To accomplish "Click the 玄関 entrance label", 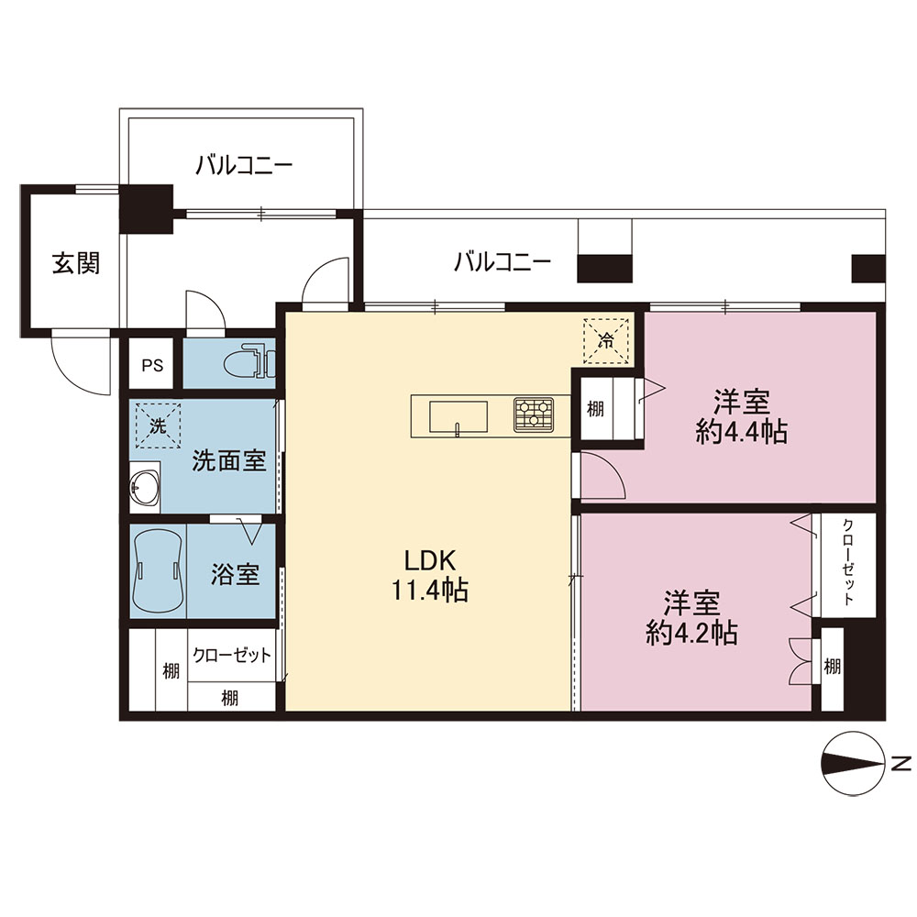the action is pos(76,263).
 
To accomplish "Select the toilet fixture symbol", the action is pos(249,362).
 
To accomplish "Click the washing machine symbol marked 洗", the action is pos(158,425).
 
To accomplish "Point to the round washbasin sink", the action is pos(145,486).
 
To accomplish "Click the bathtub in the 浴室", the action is pos(158,570).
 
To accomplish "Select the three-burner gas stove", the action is pos(534,414).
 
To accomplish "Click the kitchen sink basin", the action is pos(458,416).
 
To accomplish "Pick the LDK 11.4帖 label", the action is pos(430,576).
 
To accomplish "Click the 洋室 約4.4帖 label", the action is pos(742,417).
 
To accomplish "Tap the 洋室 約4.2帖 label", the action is pos(691,617).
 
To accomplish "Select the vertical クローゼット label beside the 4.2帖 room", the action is pos(848,561).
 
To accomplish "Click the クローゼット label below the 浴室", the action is pos(232,655).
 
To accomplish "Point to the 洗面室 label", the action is pos(229,461).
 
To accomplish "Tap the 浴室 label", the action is pos(235,574).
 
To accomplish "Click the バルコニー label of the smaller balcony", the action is pos(244,165).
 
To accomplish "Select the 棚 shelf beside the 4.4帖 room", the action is pos(595,408).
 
